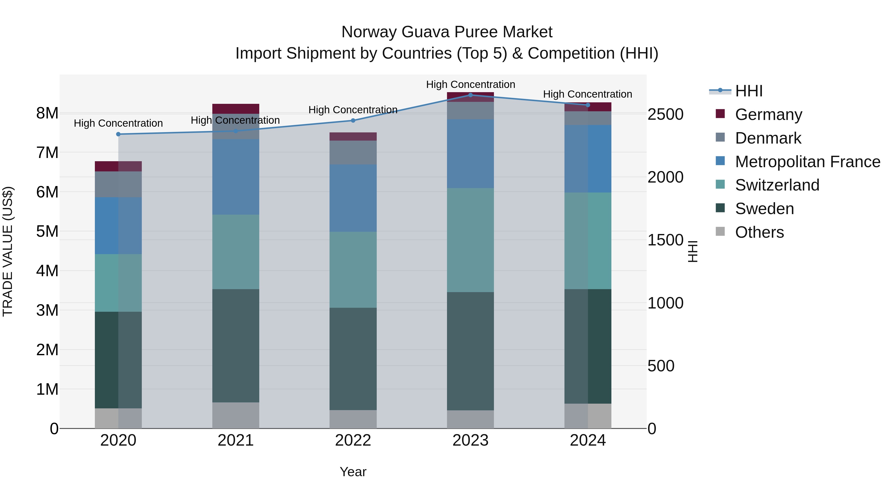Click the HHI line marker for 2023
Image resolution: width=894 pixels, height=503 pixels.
470,95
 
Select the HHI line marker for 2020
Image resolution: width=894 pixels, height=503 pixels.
118,134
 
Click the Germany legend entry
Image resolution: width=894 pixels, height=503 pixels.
768,115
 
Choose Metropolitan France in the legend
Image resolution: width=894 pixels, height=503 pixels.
807,162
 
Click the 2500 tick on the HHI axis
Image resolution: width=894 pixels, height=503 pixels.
665,115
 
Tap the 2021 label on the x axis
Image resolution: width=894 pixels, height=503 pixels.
236,440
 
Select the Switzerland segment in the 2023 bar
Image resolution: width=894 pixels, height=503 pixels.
470,240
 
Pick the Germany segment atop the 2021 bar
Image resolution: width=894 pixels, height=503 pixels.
236,109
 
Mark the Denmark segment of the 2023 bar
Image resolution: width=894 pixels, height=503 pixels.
470,110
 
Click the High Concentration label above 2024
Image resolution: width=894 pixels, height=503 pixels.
587,94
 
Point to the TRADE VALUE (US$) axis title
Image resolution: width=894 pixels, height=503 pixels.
8,251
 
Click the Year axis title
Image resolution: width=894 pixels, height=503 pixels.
353,472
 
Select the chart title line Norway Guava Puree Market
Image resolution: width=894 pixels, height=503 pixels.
447,32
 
